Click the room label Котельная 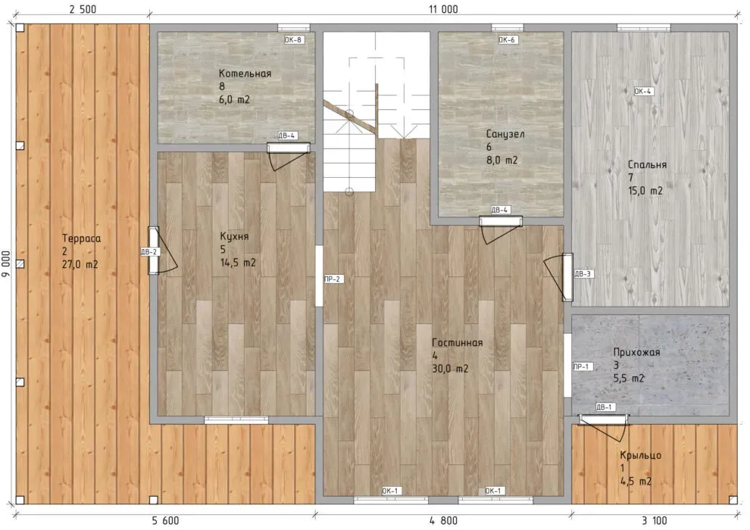pos(245,73)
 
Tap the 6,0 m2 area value pos(234,100)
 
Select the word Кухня pos(234,236)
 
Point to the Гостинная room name pos(458,343)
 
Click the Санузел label pos(505,134)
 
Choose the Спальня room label pos(647,165)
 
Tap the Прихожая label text pos(636,353)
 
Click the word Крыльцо pos(640,456)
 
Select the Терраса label pos(81,238)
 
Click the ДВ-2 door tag pos(149,252)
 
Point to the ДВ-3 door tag pos(583,274)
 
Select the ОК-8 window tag pos(293,40)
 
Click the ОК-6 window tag pos(507,40)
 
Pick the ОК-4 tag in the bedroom pos(643,92)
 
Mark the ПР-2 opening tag pos(333,279)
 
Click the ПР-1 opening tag pos(581,366)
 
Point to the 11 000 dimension pos(443,9)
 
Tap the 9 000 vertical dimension pos(6,263)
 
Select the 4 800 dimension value pos(443,520)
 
